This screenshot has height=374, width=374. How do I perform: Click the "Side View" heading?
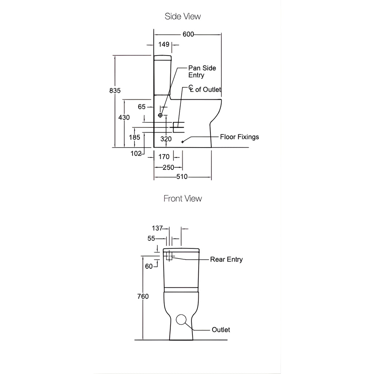183,16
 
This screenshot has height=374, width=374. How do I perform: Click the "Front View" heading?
183,199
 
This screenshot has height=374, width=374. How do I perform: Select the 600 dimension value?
188,34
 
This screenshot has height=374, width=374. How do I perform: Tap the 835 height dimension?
115,91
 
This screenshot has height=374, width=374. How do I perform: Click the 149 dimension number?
164,45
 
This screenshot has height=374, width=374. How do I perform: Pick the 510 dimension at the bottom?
182,177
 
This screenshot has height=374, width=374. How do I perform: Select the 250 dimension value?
168,167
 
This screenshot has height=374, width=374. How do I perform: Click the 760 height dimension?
143,297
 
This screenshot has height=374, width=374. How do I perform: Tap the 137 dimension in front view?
157,228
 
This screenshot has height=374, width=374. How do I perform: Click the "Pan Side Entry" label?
202,72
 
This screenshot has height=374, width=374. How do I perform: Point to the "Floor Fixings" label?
239,137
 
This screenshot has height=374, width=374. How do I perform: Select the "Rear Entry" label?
226,260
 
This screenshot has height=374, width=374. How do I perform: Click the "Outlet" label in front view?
221,330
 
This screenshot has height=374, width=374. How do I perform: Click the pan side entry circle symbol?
160,115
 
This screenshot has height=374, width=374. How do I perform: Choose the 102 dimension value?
136,154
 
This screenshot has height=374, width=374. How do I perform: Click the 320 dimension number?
166,139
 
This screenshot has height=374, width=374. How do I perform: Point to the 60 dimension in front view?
149,266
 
